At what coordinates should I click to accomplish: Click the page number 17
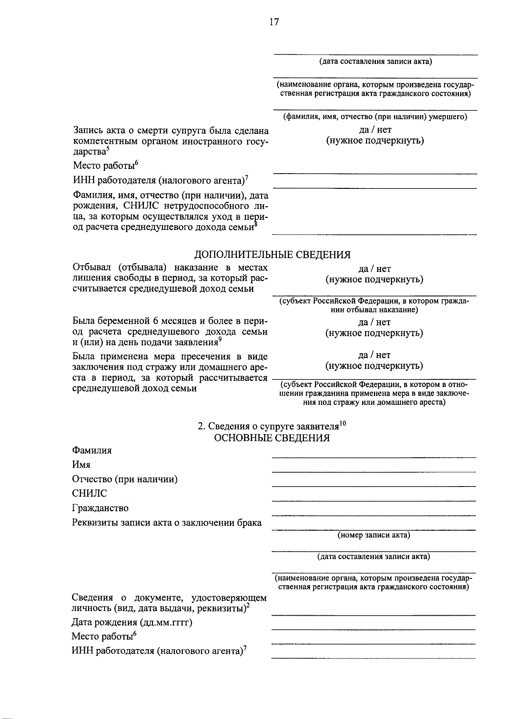coord(274,22)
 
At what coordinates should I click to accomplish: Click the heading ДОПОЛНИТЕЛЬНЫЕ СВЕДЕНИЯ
coord(272,254)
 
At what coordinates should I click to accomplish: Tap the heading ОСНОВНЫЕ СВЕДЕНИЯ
coord(272,437)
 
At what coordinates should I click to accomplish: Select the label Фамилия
coord(92,450)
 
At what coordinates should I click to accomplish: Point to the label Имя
coord(81,465)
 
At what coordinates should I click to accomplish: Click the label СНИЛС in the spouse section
coord(89,493)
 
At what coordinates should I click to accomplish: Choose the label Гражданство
coord(100,508)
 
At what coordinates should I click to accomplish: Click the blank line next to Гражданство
coord(373,514)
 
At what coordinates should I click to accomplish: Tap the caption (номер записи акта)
coord(374,535)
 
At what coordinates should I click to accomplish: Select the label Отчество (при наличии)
coord(125,479)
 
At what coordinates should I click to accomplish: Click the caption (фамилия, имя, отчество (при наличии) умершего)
coord(375,117)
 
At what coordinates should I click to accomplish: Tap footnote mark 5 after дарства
coord(108,148)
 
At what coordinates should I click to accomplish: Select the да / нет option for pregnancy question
coord(374,322)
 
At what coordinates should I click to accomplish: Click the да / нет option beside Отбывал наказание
coord(374,268)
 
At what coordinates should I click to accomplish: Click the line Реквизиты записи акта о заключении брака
coord(167,523)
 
